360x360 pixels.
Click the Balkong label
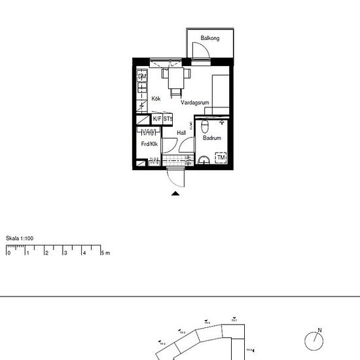(x=210, y=39)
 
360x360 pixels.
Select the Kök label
(x=156, y=99)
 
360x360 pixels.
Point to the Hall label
(x=181, y=133)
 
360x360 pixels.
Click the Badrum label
(x=212, y=139)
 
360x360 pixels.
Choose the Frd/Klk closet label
(x=149, y=144)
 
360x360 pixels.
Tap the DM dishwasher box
(x=141, y=77)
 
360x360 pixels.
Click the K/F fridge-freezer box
(x=157, y=119)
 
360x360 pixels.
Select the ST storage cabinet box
(x=168, y=119)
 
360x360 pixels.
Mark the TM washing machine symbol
(x=221, y=158)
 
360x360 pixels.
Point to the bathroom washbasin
(x=204, y=158)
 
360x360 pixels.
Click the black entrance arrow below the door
(x=175, y=193)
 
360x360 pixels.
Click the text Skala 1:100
(x=19, y=238)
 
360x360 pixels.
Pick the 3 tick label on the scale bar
(x=65, y=253)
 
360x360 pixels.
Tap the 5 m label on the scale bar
(x=105, y=253)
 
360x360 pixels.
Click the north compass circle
(x=315, y=341)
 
